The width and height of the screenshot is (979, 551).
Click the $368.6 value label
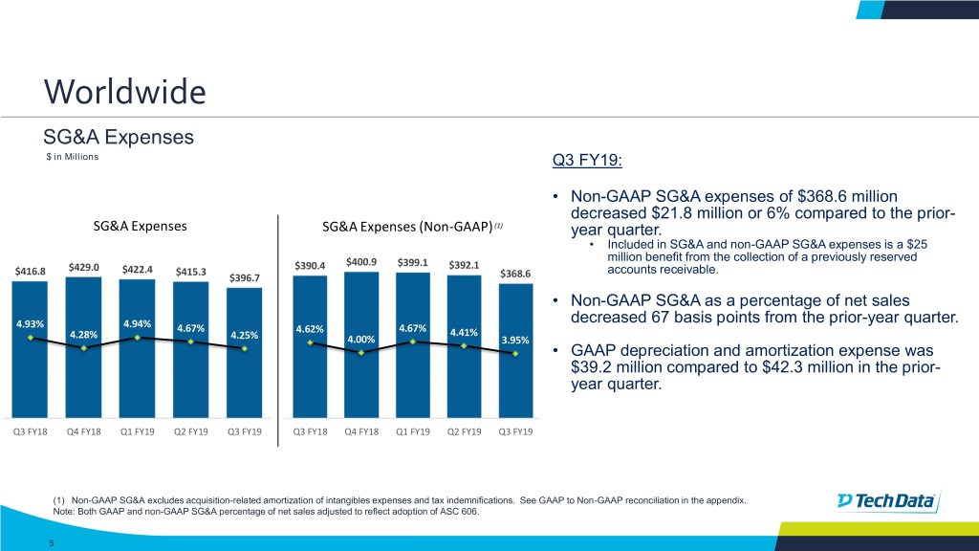(x=517, y=273)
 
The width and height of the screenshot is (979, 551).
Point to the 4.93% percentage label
(x=32, y=320)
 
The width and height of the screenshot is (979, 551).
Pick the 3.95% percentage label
(x=517, y=339)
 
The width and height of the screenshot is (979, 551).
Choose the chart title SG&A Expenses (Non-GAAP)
(x=407, y=227)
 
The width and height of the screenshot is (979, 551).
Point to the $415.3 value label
(x=190, y=272)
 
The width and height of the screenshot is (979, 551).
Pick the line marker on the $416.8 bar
(x=32, y=337)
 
